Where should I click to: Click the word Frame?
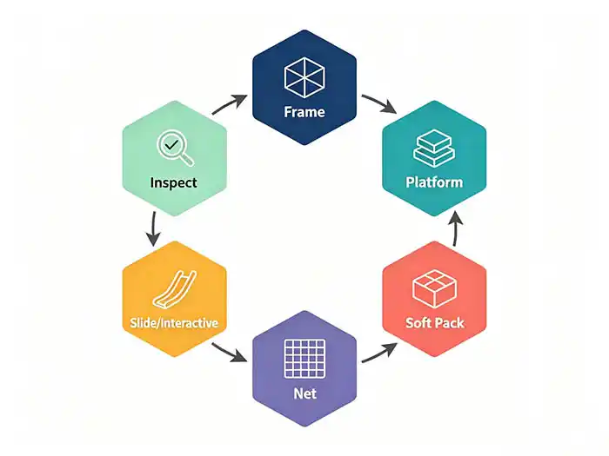304,112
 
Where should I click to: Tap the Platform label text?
434,182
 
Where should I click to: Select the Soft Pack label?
435,322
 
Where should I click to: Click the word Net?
304,393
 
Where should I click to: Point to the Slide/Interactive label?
174,323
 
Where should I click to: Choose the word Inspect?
174,182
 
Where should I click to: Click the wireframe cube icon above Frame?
304,77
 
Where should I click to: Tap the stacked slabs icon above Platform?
434,149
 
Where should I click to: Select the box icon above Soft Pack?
434,289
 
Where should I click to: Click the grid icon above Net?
304,359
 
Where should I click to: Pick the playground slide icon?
175,289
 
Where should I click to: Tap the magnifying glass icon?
175,149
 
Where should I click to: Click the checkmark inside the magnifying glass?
171,145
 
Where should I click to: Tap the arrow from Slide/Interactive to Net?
230,353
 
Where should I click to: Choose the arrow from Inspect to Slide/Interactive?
153,228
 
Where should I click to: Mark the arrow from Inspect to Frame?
230,104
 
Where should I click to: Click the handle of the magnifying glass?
187,159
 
